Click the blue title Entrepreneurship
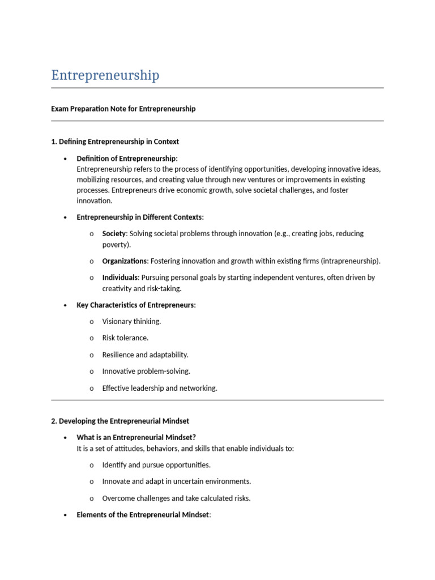click(105, 75)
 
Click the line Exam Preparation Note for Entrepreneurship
click(123, 109)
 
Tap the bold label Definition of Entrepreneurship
click(126, 158)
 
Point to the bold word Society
click(114, 233)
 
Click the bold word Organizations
click(124, 261)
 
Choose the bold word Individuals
click(120, 278)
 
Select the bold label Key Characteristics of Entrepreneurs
click(135, 305)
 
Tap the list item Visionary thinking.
click(131, 322)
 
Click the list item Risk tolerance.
click(125, 338)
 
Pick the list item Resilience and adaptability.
click(145, 355)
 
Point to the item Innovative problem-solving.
click(146, 372)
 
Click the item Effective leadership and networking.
click(160, 389)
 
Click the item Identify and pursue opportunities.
click(156, 465)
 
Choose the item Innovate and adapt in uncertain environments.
click(176, 481)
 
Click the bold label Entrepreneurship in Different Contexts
click(139, 217)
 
